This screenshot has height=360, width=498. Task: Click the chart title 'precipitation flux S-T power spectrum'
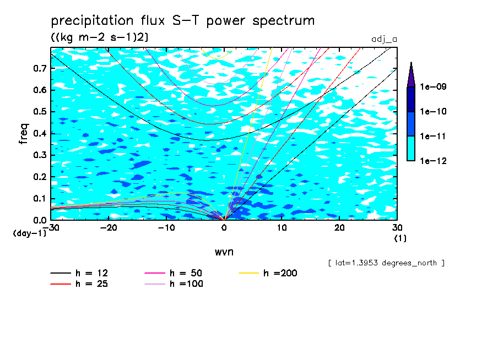click(x=182, y=21)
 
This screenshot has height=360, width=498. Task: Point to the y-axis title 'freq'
click(x=24, y=134)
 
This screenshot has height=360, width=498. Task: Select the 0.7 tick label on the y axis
click(x=40, y=68)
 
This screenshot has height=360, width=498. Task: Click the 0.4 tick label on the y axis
click(x=40, y=134)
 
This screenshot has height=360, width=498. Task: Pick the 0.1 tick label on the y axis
click(x=40, y=199)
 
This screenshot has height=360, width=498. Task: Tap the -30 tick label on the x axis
click(x=51, y=227)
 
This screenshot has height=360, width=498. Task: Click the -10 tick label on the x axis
click(x=166, y=227)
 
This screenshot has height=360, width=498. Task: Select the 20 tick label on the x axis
click(x=339, y=227)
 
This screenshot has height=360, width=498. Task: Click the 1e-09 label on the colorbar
click(x=432, y=87)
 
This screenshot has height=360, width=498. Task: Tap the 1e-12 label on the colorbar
click(x=432, y=161)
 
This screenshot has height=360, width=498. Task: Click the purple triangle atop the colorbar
click(x=411, y=74)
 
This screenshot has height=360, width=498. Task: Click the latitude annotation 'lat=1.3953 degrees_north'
click(x=386, y=263)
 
